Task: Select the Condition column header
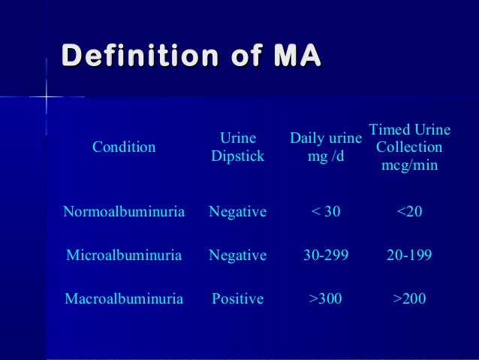[124, 147]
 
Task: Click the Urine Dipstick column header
[238, 147]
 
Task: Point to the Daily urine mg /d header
[326, 147]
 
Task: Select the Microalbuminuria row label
[124, 256]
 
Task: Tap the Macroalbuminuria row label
[124, 299]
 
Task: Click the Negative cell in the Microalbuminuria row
[238, 256]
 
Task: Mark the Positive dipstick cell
[238, 299]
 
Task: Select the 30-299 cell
[326, 256]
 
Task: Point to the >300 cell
[326, 299]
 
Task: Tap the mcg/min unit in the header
[409, 165]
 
